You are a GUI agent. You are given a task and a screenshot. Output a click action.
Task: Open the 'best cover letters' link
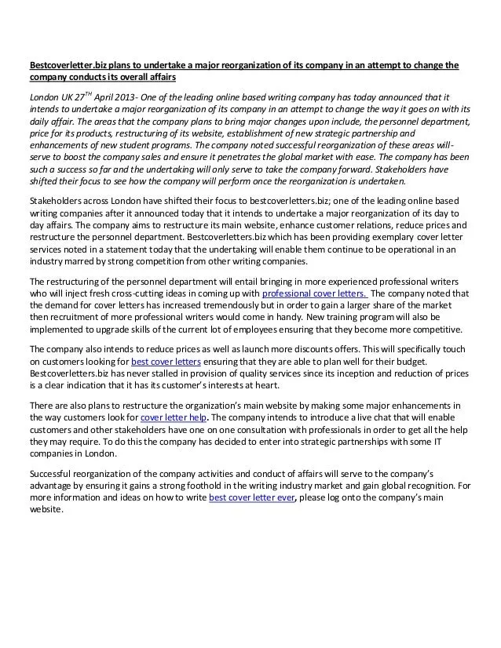tap(166, 362)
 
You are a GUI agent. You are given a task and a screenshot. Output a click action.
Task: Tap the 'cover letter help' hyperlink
tap(173, 418)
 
